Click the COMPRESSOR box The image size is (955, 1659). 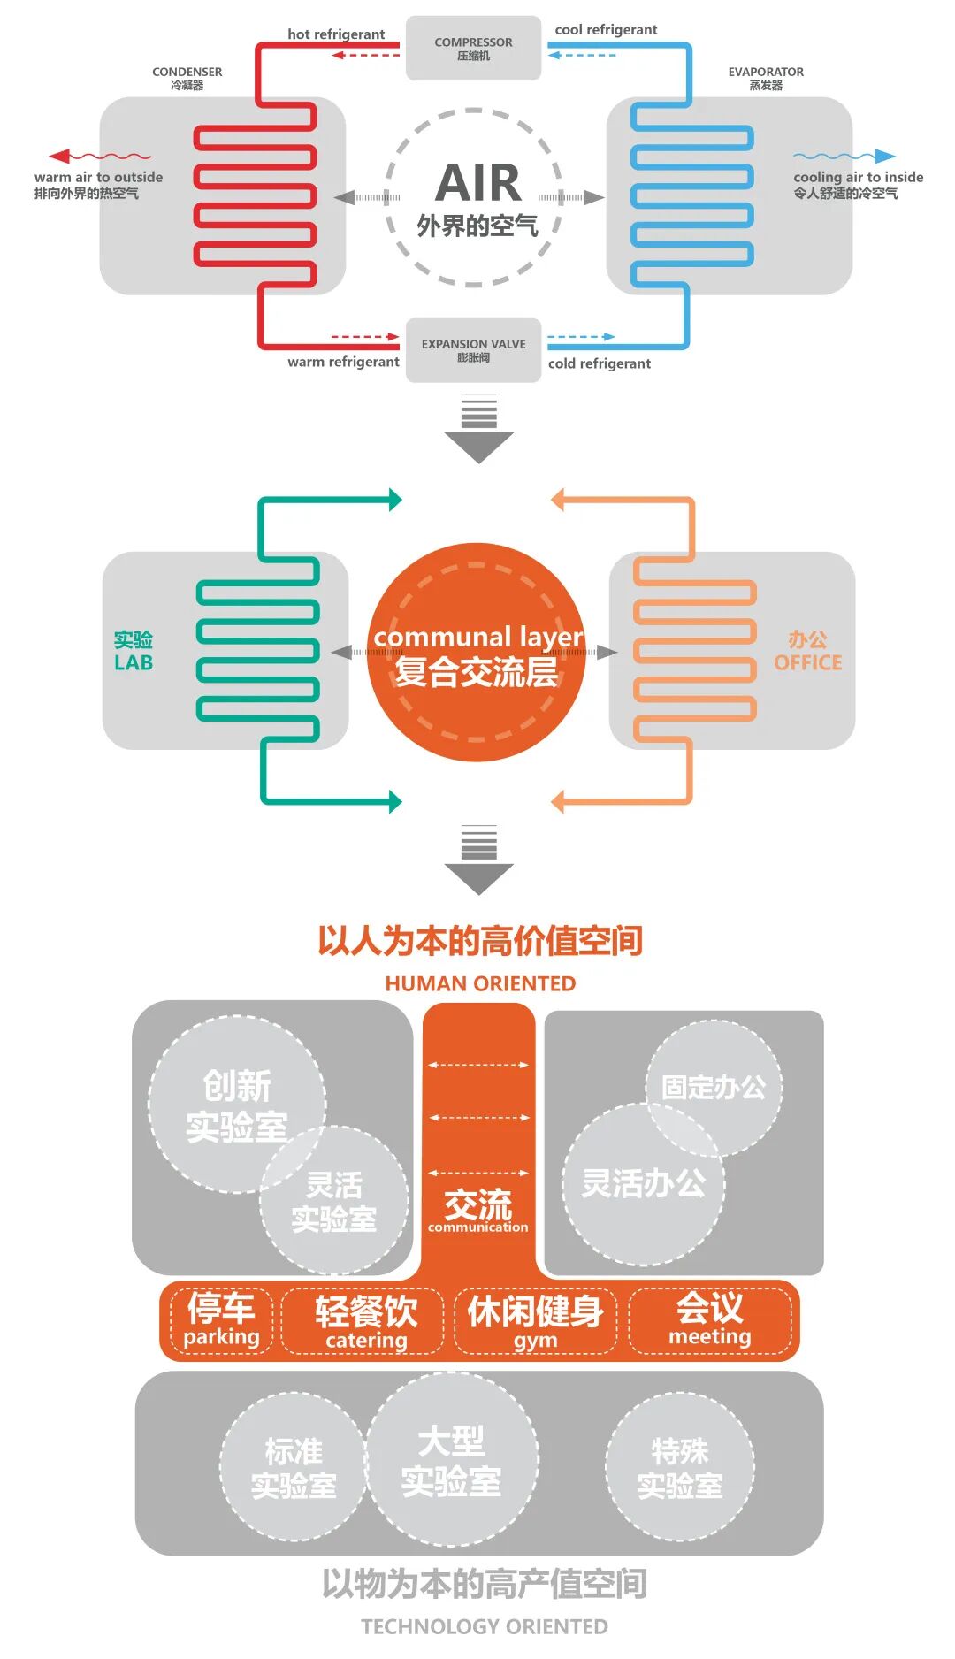[473, 48]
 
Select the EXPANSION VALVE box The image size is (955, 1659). [473, 350]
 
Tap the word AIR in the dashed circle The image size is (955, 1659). [478, 183]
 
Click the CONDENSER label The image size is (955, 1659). [187, 72]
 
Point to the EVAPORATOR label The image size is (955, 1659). [766, 72]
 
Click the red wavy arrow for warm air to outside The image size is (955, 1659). [99, 157]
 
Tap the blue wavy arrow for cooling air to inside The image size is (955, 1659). [844, 157]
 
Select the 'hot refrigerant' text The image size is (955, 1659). [336, 34]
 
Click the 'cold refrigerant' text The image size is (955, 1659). [599, 363]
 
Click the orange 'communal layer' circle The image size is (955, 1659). [477, 653]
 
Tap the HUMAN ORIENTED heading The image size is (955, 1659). [480, 983]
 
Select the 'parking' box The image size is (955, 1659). [221, 1320]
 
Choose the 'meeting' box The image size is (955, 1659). [709, 1320]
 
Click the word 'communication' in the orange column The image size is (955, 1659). [477, 1227]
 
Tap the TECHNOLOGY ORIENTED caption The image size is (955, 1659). [484, 1626]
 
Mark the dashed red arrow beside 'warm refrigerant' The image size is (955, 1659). [364, 337]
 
